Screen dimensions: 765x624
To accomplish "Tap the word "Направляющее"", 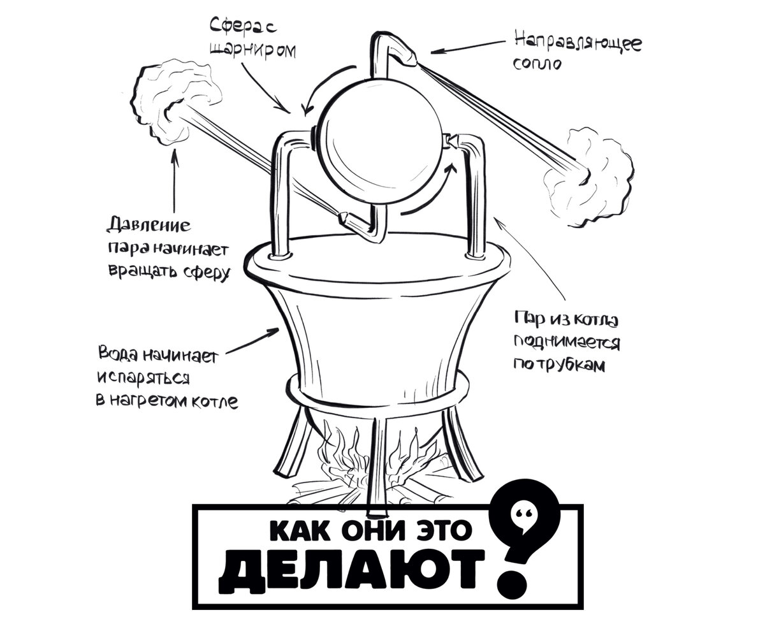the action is pos(578,43).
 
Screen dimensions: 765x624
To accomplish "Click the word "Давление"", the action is pos(149,225).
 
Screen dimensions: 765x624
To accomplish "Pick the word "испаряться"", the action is pos(143,379).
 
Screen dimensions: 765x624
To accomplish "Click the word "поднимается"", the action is pos(567,342).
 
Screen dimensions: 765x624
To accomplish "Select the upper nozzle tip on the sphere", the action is pos(409,59).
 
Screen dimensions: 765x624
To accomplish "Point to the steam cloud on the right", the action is pos(588,177).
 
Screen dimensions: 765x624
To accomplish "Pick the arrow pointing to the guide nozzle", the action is pos(468,48).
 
